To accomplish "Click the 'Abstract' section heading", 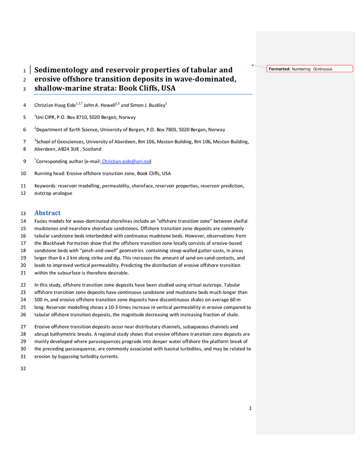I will pos(47,213).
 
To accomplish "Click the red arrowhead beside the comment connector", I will pos(252,65).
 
